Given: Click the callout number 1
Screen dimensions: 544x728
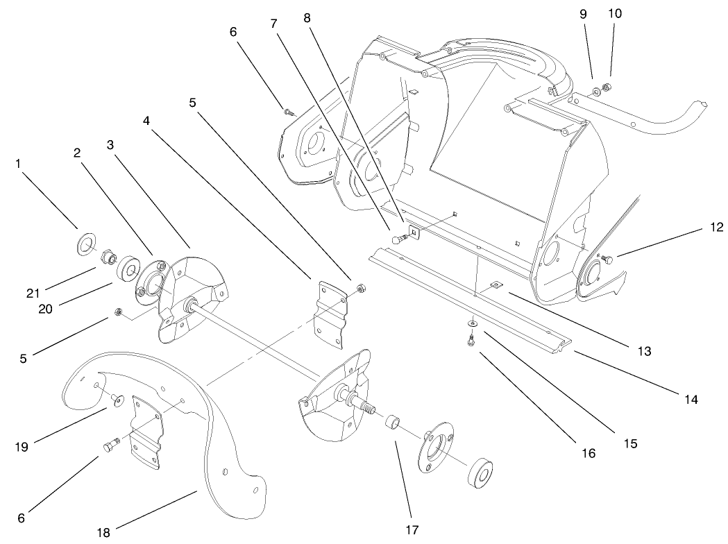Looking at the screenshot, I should click(x=18, y=164).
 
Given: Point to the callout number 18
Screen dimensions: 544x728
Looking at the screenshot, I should click(x=103, y=532).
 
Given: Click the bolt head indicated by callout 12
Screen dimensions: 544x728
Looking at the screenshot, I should click(x=607, y=260).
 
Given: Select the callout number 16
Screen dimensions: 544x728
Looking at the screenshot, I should click(x=589, y=454).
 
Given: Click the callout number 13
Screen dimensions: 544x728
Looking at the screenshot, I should click(x=645, y=351).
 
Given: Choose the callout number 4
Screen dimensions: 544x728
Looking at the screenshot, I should click(x=146, y=121).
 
